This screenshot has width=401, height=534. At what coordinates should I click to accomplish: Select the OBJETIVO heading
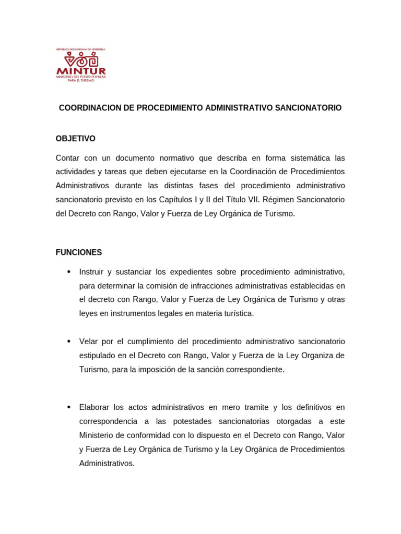pyautogui.click(x=76, y=139)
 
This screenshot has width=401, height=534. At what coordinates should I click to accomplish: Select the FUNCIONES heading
pyautogui.click(x=79, y=252)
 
